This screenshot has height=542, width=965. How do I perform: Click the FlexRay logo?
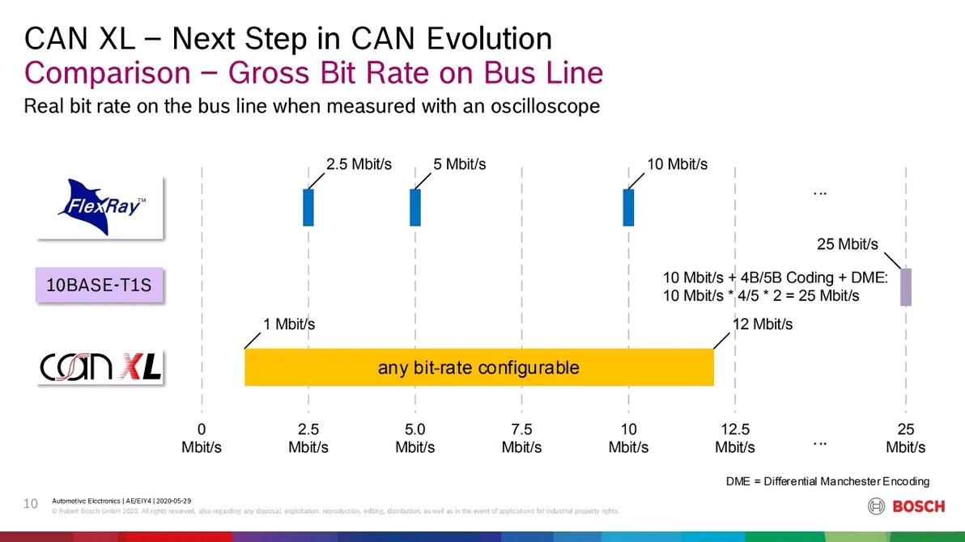100,207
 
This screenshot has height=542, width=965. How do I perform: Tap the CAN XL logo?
101,368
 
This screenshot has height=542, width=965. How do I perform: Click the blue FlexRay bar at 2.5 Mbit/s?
308,207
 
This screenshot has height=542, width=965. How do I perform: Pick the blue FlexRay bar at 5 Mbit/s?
415,207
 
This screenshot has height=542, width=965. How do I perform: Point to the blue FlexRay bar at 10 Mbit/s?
628,207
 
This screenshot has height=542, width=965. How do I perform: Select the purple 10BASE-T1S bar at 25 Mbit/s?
906,287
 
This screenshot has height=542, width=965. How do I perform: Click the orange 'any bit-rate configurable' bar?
478,368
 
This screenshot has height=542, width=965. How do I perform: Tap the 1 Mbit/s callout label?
289,324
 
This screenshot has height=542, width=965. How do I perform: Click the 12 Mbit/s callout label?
762,324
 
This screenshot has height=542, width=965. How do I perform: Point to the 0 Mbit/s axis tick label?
202,438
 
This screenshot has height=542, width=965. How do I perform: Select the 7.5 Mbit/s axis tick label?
521,438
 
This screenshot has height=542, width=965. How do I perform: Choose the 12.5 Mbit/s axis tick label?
735,438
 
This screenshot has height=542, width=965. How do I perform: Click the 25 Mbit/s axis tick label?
905,438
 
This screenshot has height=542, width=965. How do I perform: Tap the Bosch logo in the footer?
906,506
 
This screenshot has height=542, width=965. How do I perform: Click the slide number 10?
32,504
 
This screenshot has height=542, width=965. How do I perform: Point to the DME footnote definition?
827,481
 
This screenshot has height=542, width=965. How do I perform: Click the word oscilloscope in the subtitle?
546,106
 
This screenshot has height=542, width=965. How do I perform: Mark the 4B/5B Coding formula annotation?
776,286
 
